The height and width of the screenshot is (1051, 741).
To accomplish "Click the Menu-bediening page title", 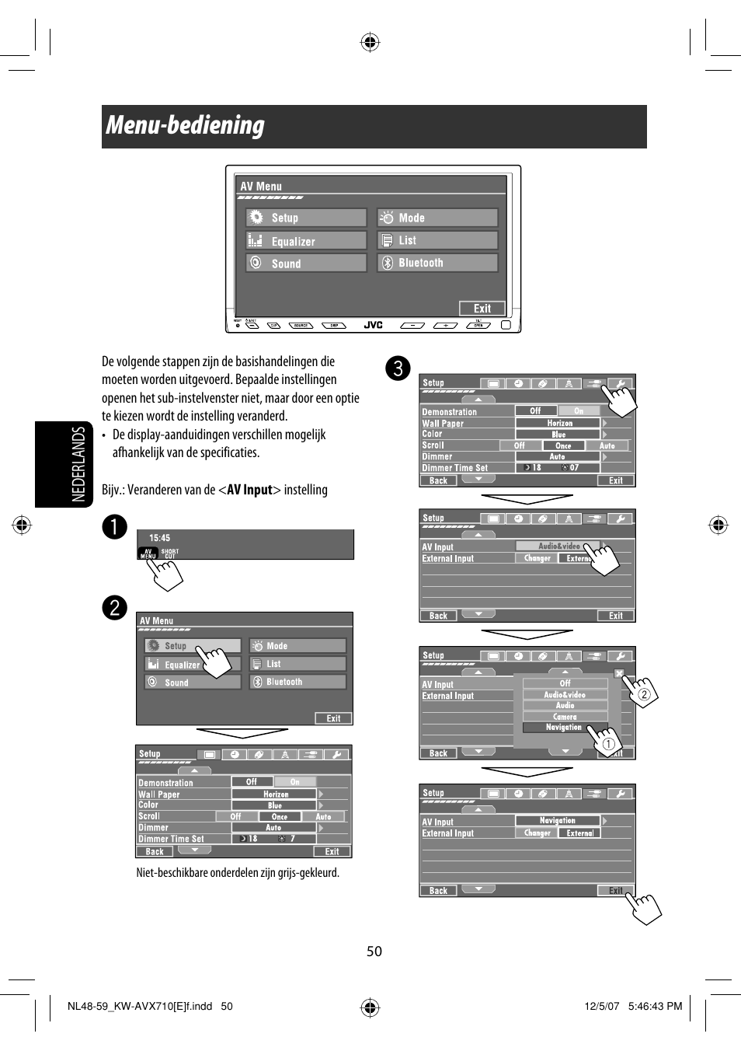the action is point(186,125).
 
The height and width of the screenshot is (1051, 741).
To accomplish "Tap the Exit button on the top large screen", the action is point(482,309).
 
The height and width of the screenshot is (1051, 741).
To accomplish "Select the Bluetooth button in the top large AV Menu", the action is point(437,263).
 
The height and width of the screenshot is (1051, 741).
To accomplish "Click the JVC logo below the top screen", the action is point(374,325).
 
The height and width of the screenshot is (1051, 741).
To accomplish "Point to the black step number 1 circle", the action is point(114,526).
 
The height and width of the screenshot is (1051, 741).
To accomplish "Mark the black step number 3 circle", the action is point(398,368).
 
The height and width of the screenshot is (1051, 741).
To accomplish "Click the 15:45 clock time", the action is point(159,538).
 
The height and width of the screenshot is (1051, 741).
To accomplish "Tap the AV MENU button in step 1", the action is point(148,553).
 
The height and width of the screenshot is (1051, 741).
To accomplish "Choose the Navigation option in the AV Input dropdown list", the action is point(564,728).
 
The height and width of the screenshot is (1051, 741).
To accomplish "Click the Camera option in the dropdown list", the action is point(565,717).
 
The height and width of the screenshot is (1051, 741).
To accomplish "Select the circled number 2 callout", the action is point(644,694).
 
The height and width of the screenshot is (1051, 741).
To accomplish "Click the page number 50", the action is point(374,951).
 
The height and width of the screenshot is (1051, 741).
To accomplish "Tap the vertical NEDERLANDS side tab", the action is point(78,464).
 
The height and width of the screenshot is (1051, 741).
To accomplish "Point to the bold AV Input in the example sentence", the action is point(249,490).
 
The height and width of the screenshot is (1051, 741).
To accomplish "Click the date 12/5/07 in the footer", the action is point(602,1006).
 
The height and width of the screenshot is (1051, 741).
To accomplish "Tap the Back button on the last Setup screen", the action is point(438,891).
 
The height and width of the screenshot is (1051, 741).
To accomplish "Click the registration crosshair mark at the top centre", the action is point(370,42).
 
